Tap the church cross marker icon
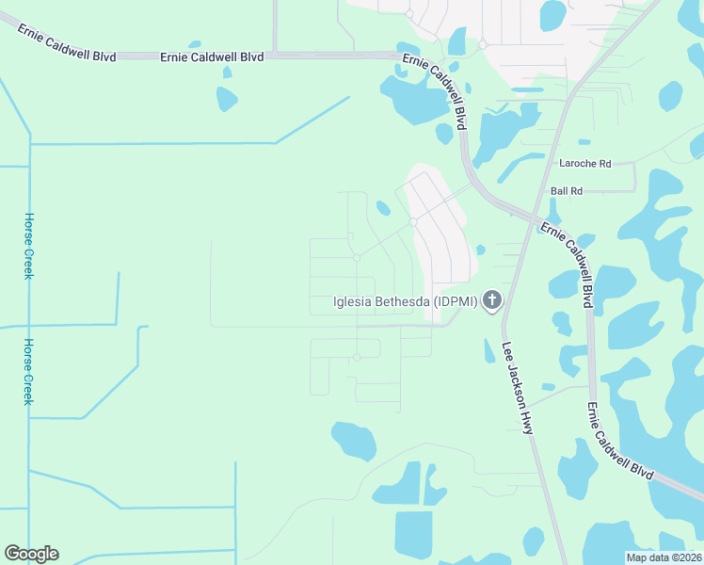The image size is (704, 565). point(490,301)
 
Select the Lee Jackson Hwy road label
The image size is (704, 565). point(518,387)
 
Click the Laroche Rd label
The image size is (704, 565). point(584,163)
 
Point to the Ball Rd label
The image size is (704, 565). point(567,190)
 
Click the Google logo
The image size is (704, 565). point(31,554)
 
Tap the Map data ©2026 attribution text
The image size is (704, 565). point(664,557)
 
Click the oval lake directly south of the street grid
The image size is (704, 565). point(354,440)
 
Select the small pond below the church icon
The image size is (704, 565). point(488,350)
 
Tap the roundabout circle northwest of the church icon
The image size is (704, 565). point(412,222)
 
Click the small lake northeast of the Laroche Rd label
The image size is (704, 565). point(670,95)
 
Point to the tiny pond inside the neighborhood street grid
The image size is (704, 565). point(383,208)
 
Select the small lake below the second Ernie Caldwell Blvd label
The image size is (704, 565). point(227,98)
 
